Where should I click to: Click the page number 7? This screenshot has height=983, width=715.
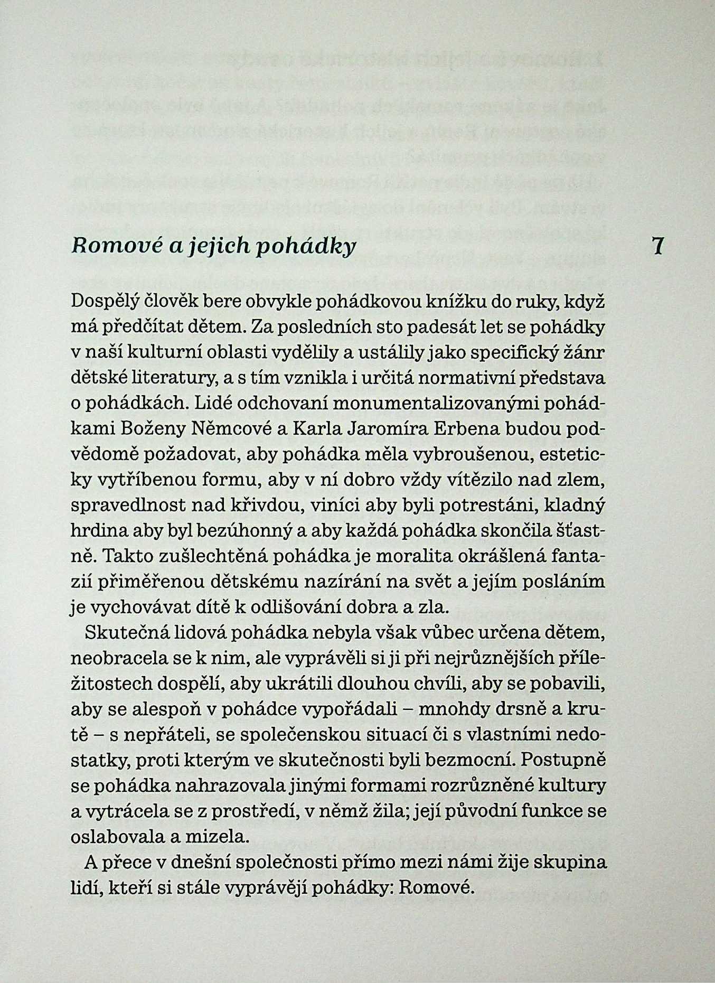[x=657, y=246]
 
